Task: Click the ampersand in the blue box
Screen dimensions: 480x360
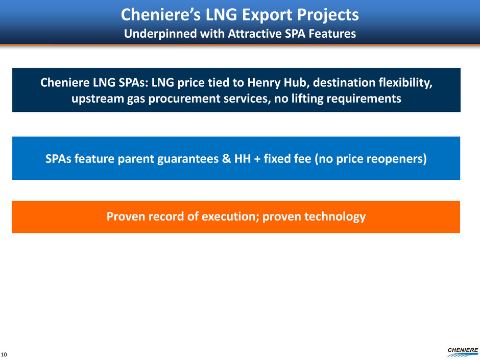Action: pyautogui.click(x=226, y=159)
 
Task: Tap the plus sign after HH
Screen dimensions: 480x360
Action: pyautogui.click(x=257, y=159)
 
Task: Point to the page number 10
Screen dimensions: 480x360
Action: pyautogui.click(x=4, y=354)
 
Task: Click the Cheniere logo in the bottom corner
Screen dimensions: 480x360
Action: pyautogui.click(x=463, y=352)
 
